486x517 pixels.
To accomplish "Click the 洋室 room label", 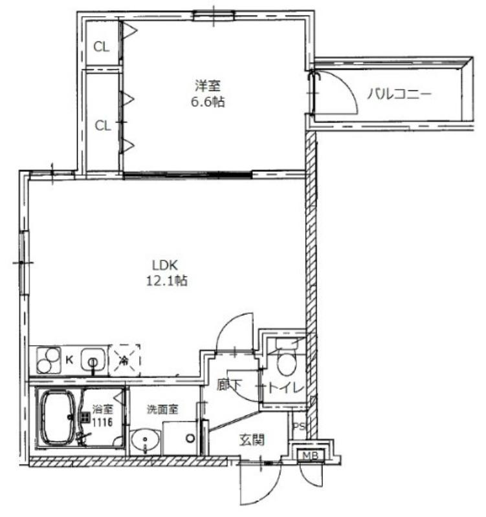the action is click(x=208, y=86).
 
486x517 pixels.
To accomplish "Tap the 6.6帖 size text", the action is click(x=208, y=102).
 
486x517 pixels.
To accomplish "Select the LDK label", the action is click(x=165, y=265).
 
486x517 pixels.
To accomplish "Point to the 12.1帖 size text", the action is click(x=167, y=280).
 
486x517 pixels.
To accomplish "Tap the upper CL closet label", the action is click(x=102, y=47).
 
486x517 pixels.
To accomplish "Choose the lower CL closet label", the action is click(x=103, y=125).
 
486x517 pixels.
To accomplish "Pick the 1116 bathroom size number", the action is click(x=102, y=422).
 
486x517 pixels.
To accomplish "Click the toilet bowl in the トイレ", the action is click(x=287, y=363).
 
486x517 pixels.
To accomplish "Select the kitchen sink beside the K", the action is click(x=93, y=360).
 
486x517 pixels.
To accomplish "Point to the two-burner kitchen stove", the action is click(x=49, y=360).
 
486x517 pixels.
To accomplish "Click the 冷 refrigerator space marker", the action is click(x=124, y=361).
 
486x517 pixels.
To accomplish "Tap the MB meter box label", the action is click(x=311, y=456).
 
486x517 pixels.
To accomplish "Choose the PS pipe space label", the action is click(x=299, y=427).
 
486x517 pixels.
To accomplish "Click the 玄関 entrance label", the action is click(x=252, y=440).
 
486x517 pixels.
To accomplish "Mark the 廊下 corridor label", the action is click(x=230, y=385).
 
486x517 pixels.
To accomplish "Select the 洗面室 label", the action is click(x=163, y=409).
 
